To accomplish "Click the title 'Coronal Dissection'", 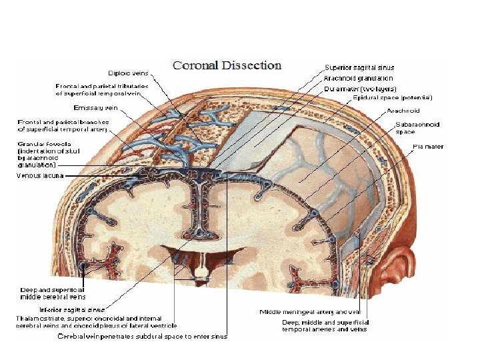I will (227, 65).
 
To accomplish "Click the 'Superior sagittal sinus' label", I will (359, 67).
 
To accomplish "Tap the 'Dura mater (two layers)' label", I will (360, 88).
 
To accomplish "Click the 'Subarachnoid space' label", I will (417, 128).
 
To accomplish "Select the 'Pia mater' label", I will (428, 147).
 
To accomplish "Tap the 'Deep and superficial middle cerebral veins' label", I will (52, 293).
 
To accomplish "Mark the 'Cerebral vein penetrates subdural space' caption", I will (141, 336).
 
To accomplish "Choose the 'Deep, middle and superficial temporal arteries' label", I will (325, 326).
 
